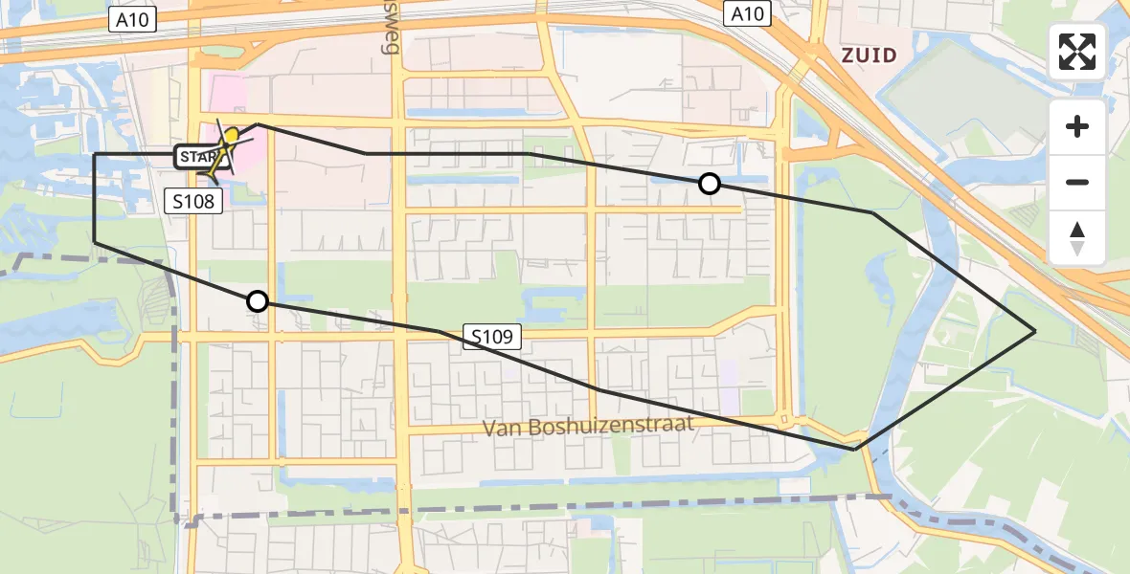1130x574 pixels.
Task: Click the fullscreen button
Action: click(1077, 51)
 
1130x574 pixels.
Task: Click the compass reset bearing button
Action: click(1077, 239)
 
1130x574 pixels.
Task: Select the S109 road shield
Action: click(495, 336)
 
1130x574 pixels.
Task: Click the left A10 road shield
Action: click(133, 19)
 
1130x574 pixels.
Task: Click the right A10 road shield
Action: click(747, 13)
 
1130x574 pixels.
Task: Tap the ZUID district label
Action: click(869, 55)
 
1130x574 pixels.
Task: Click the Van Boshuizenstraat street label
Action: click(587, 427)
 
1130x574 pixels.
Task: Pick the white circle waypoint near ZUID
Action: click(709, 184)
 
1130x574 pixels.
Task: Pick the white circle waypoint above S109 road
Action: click(257, 301)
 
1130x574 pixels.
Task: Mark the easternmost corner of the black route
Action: click(1035, 331)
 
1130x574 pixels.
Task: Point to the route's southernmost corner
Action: click(854, 449)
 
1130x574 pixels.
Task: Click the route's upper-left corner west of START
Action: click(95, 154)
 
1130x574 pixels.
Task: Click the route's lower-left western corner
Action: click(95, 243)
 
